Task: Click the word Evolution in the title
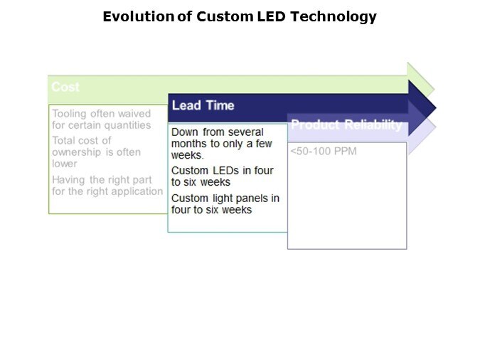(x=139, y=16)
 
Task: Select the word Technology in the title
(x=334, y=17)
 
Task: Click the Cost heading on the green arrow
(x=65, y=87)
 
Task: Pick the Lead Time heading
(x=203, y=105)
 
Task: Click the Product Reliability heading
(x=346, y=125)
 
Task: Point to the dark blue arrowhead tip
(x=436, y=108)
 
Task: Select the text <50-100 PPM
(x=324, y=152)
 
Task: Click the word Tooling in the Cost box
(x=70, y=114)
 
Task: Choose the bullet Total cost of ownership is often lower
(x=97, y=152)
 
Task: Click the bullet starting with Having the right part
(x=107, y=186)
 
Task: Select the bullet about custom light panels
(x=225, y=204)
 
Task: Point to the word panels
(x=251, y=198)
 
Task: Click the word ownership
(x=77, y=152)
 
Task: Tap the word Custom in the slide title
(x=225, y=16)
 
